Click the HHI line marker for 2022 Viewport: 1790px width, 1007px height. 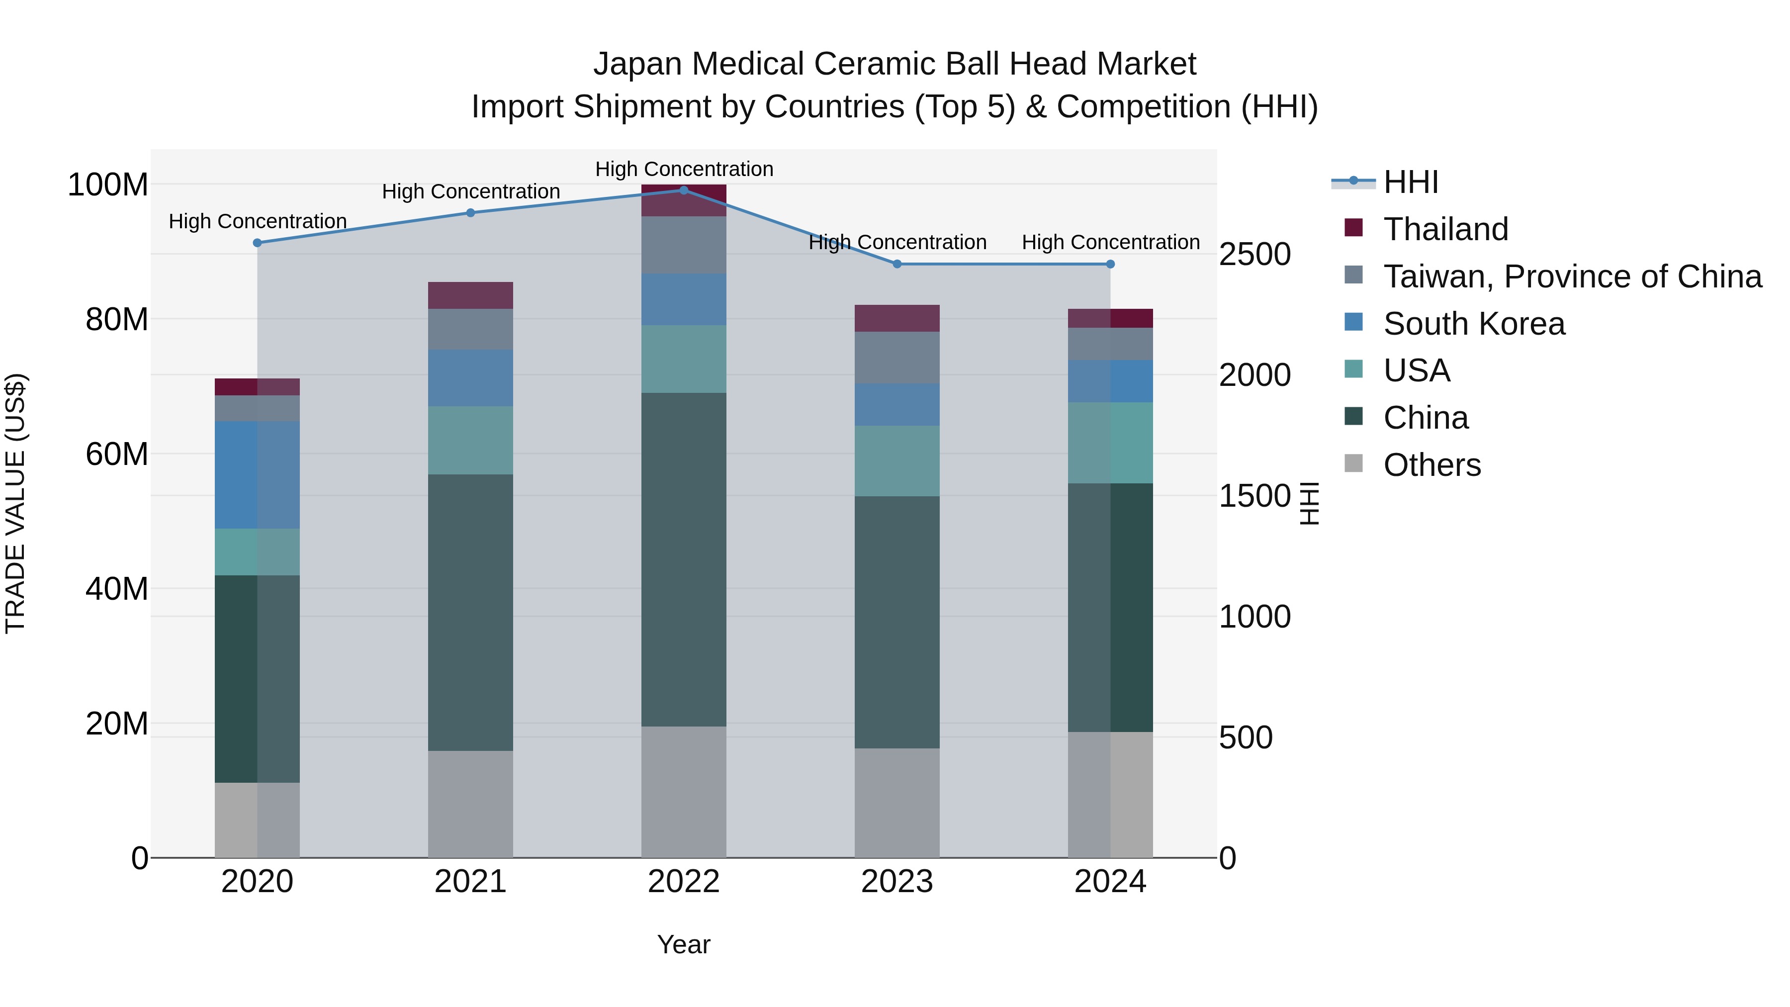coord(684,190)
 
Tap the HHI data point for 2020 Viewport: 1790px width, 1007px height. coord(257,243)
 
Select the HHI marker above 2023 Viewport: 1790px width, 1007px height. coord(897,264)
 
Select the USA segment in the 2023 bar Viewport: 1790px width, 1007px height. coord(897,461)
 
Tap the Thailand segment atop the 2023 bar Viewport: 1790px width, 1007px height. coord(897,318)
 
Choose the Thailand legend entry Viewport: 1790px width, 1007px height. coord(1445,229)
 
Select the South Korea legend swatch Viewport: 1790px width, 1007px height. coord(1353,322)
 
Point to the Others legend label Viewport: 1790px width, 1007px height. coord(1432,465)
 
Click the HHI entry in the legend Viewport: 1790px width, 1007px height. coord(1410,182)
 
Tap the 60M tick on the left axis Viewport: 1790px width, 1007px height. coord(117,455)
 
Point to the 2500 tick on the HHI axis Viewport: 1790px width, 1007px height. coord(1255,254)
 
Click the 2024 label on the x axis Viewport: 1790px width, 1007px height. coord(1110,882)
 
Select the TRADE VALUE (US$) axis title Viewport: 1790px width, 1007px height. coord(15,503)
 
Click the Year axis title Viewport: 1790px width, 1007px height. coord(684,944)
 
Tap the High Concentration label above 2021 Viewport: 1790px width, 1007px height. coord(470,191)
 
